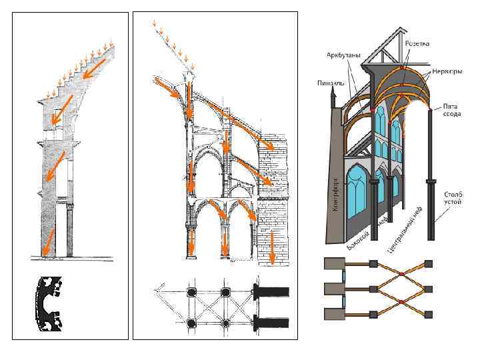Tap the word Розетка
[x=417, y=43]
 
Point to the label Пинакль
[x=329, y=84]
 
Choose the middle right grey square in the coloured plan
[x=429, y=288]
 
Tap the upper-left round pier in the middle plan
[x=192, y=292]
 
